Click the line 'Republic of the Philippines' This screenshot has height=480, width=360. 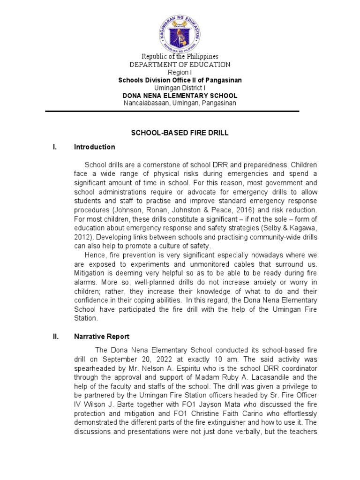point(180,56)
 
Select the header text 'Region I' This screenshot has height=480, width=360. point(180,72)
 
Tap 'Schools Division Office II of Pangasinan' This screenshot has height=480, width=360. point(180,80)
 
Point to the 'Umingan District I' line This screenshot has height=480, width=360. point(180,88)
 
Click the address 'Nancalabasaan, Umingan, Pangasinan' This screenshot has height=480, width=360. point(180,103)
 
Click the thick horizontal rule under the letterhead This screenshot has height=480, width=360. point(172,111)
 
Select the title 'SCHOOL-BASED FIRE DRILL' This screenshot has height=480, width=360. point(180,133)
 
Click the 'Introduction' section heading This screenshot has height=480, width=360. point(94,147)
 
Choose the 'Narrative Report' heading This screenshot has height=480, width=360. point(102,337)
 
